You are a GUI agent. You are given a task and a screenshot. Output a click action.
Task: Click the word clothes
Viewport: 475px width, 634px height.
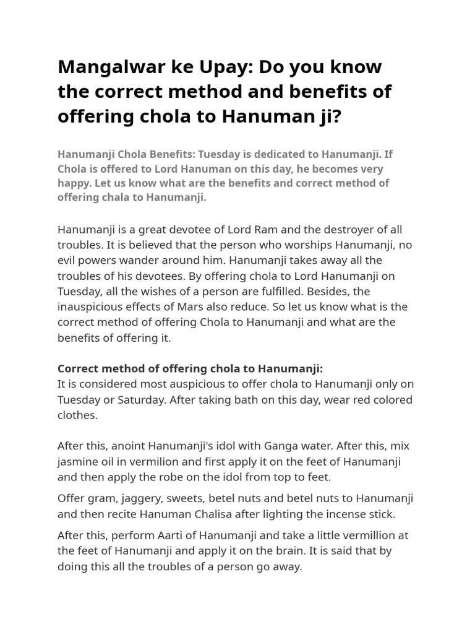pos(78,415)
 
